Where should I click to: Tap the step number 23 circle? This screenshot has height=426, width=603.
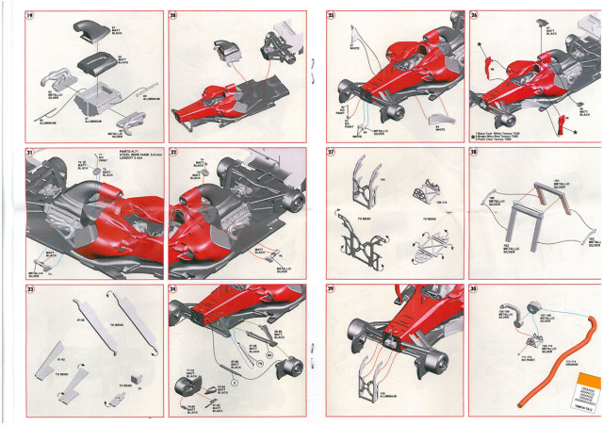click(x=31, y=290)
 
